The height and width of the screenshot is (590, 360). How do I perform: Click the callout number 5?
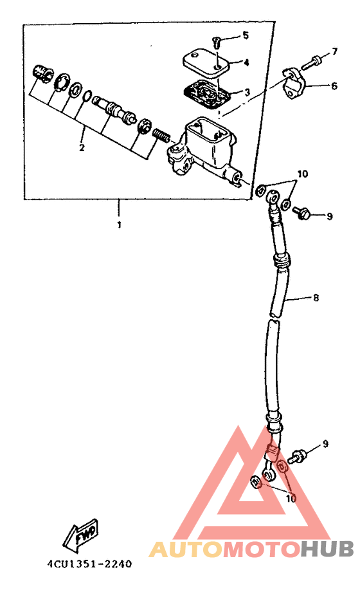coord(246,35)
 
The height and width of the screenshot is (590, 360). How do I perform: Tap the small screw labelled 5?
coord(217,42)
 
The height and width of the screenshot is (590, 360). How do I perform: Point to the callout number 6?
coord(334,86)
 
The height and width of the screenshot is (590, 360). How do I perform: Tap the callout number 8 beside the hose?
coord(316,298)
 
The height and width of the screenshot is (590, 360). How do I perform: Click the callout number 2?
coord(82,147)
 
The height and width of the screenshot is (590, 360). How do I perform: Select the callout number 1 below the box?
coord(119,225)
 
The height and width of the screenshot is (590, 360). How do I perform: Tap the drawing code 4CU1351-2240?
coord(89,564)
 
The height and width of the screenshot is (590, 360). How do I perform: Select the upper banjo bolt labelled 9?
coord(301,212)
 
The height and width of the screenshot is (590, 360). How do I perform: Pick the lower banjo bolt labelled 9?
coord(297,456)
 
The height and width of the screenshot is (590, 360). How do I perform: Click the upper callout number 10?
coord(302,174)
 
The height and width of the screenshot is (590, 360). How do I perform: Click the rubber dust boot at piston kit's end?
coord(41,73)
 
